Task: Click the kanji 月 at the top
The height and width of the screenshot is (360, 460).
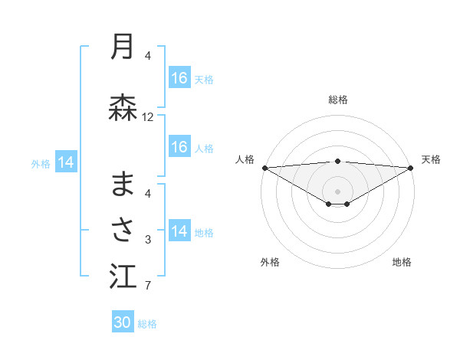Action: click(x=123, y=47)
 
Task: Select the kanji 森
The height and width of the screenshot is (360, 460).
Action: click(x=123, y=108)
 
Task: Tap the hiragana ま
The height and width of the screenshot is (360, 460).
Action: click(x=123, y=183)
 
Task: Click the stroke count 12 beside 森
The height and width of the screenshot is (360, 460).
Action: click(x=148, y=117)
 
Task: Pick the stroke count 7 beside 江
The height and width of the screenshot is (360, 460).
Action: click(x=148, y=286)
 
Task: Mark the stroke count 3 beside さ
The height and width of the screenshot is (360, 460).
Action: click(x=148, y=240)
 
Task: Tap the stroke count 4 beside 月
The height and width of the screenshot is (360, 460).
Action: click(x=148, y=55)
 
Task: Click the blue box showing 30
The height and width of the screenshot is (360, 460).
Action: click(x=123, y=322)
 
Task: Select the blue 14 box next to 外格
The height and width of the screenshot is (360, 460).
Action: click(x=66, y=162)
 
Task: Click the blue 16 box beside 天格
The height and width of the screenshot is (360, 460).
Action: click(x=179, y=78)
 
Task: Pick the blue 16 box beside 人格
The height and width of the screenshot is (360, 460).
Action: click(x=179, y=148)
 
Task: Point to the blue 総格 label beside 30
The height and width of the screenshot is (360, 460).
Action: click(x=148, y=324)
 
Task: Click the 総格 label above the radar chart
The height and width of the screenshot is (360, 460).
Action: click(x=338, y=100)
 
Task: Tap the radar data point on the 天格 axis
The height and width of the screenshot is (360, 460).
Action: click(x=412, y=168)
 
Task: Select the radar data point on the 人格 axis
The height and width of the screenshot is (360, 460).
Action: click(x=264, y=168)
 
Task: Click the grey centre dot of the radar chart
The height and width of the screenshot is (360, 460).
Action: click(x=338, y=191)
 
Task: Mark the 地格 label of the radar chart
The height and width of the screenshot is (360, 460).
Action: click(x=402, y=262)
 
